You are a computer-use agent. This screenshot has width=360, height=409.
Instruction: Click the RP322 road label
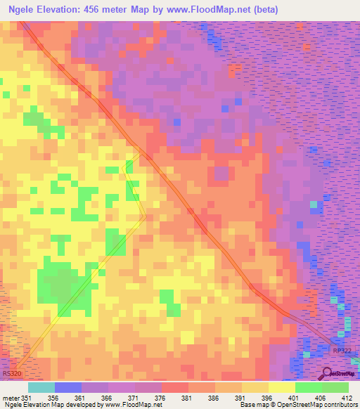click(341, 350)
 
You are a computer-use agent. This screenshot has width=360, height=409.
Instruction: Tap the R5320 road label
click(12, 375)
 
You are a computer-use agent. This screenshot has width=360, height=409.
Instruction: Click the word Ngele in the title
click(25, 10)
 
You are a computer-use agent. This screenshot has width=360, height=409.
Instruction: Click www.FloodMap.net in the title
click(207, 10)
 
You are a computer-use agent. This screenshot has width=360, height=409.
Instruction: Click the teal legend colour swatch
click(41, 387)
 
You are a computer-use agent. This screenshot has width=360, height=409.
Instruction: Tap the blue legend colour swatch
click(67, 387)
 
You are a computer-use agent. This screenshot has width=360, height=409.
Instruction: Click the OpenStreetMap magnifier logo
click(326, 373)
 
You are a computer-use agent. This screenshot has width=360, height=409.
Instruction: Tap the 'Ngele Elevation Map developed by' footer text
click(42, 405)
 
